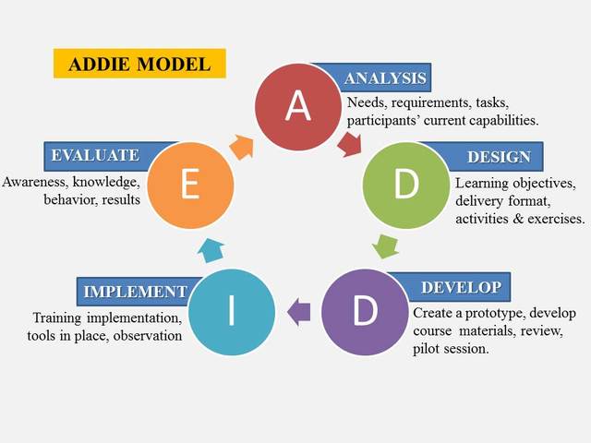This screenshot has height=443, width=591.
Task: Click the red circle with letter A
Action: click(x=297, y=106)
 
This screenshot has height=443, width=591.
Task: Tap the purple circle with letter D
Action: click(x=366, y=312)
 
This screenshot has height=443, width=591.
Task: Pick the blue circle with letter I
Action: click(x=232, y=312)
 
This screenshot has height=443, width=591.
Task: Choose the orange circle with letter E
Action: click(x=190, y=185)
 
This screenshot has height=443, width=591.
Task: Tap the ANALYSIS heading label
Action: click(x=383, y=78)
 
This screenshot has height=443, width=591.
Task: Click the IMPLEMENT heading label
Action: click(x=135, y=292)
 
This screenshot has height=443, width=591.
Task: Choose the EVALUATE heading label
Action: click(x=96, y=155)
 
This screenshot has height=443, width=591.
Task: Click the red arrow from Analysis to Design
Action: click(x=350, y=143)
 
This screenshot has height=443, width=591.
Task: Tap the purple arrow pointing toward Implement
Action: click(x=298, y=312)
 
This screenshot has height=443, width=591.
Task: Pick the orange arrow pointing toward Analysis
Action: click(x=242, y=145)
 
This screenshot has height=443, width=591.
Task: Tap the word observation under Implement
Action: click(x=142, y=336)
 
